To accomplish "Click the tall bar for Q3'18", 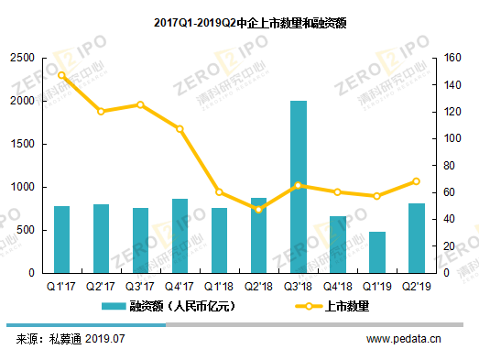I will click(299, 187).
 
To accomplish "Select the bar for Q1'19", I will click(377, 252).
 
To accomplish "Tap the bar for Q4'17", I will click(180, 235).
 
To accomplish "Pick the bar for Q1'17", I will click(61, 239).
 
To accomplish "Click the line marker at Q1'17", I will click(61, 76).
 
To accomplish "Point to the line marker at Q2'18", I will click(259, 210).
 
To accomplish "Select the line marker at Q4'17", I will click(180, 129).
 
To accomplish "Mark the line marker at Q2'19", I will click(417, 181).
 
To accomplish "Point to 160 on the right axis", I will click(450, 58).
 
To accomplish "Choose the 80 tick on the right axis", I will click(448, 166).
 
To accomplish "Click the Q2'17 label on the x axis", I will click(101, 286).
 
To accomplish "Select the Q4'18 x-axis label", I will click(338, 286).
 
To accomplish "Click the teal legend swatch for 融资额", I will click(113, 306).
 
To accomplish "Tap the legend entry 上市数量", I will click(347, 306).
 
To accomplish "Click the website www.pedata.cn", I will click(404, 339).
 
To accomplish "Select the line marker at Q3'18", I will click(299, 185).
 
